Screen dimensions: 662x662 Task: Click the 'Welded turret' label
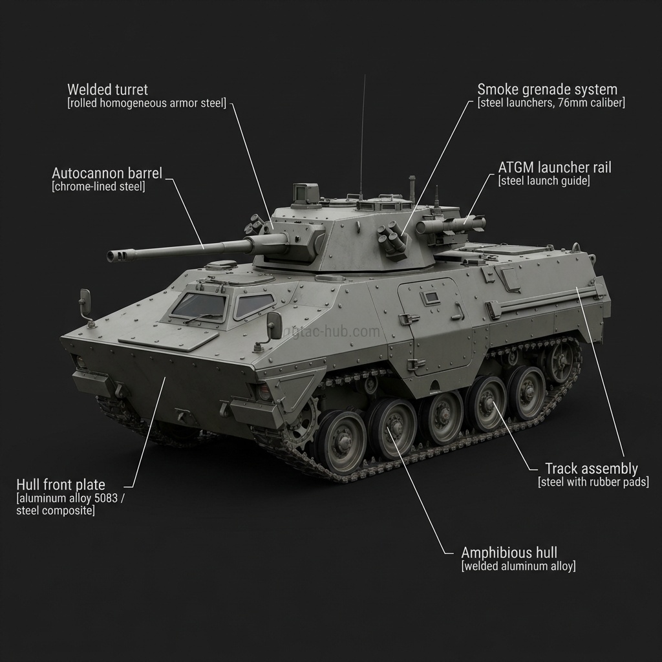pos(107,89)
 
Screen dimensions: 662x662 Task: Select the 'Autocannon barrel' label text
pos(107,173)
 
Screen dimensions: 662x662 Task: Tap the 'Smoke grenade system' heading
pos(547,89)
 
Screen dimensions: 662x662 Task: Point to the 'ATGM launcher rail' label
pos(554,167)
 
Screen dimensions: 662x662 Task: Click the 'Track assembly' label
pos(591,469)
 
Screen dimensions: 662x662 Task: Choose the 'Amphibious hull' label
pos(509,553)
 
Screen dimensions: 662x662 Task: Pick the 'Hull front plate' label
pos(61,485)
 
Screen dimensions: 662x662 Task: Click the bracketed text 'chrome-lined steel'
pos(98,187)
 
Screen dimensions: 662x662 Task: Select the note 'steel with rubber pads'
pos(593,482)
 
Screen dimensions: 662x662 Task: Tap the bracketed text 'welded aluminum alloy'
pos(518,566)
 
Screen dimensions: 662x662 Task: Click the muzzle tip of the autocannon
pos(111,257)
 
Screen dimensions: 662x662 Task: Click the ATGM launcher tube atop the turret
pos(451,225)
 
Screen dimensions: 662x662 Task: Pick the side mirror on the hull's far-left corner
pos(85,302)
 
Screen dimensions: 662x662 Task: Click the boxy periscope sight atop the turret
pos(306,193)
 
